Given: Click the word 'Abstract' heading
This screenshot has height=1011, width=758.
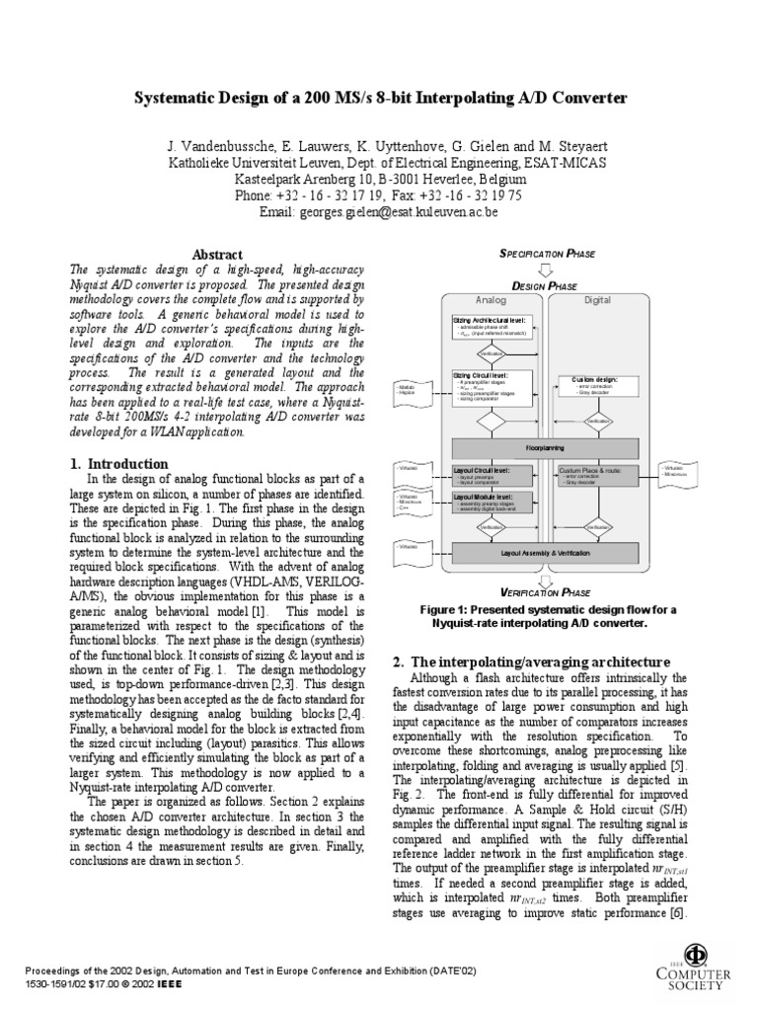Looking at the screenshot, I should click(x=216, y=255).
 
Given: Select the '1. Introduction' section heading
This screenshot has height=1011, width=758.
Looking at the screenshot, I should click(x=119, y=463).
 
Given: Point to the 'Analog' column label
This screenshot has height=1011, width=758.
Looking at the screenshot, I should click(x=491, y=299).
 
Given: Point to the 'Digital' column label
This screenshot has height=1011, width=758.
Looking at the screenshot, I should click(x=597, y=299).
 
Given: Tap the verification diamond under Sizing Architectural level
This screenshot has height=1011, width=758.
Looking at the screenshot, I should click(x=491, y=352).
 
